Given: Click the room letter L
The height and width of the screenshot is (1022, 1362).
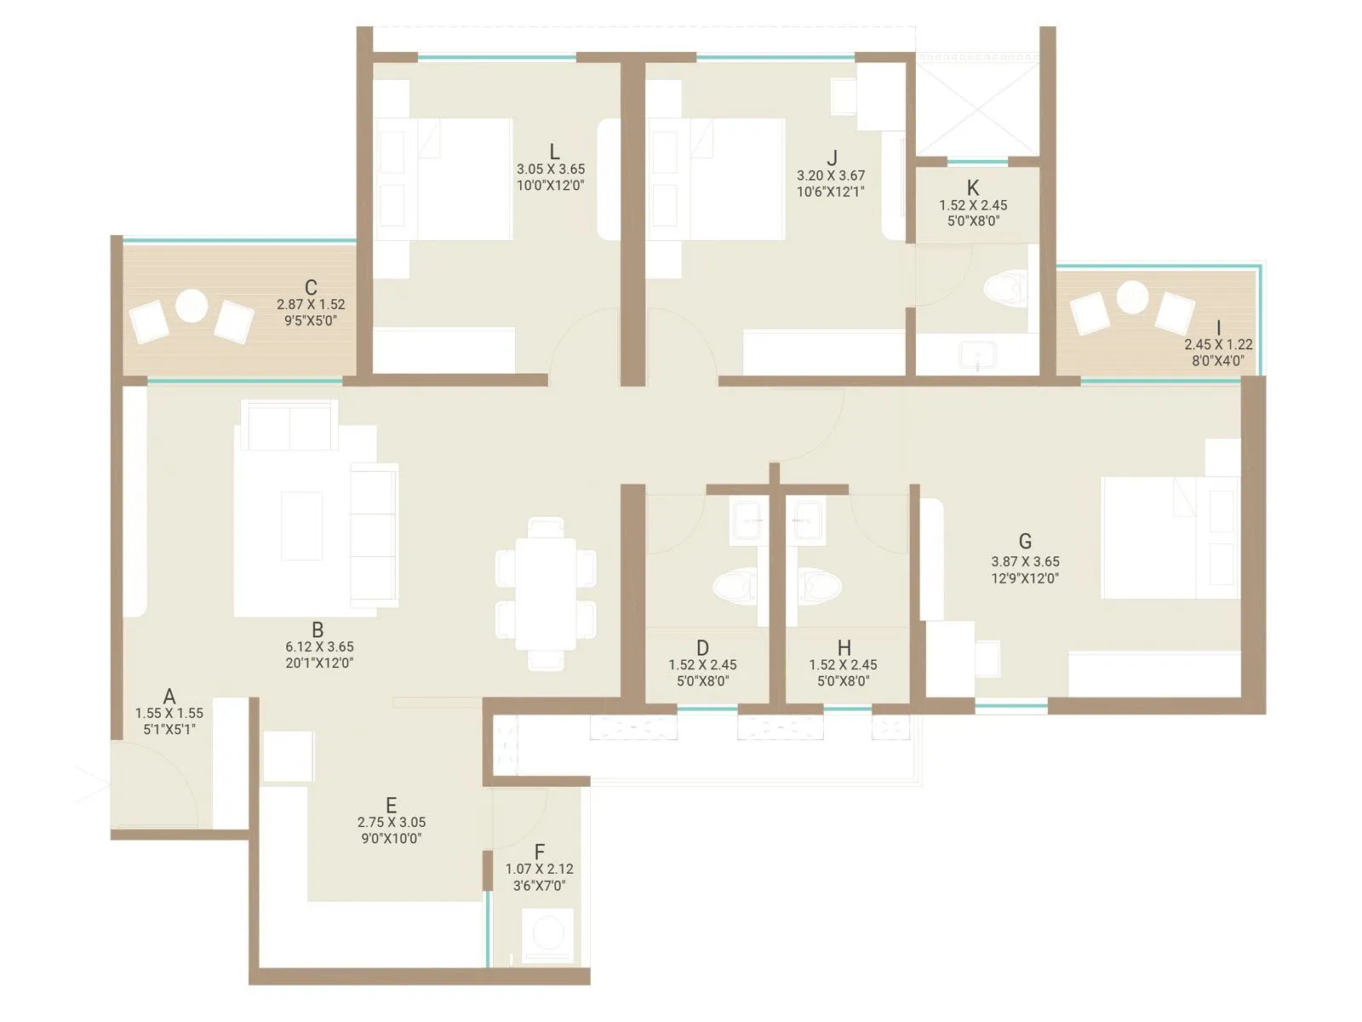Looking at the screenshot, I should pos(554,152).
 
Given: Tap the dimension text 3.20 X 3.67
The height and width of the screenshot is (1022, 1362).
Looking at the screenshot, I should pos(831,175).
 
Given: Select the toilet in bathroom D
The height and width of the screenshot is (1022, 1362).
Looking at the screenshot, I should pos(735,586).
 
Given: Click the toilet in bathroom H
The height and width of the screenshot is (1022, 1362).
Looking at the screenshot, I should pos(820,586).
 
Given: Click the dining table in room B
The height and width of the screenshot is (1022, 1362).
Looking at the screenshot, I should pos(546,594).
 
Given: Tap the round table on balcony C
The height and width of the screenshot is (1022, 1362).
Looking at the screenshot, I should pos(192,305).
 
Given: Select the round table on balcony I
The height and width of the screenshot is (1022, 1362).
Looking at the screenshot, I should pos(1133,297).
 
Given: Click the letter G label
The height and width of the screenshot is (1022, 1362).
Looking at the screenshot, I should pos(1025,541).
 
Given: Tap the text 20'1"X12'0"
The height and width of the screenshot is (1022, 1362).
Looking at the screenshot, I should pos(319,663).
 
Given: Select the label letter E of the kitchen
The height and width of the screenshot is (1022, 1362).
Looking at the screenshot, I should pos(391,805).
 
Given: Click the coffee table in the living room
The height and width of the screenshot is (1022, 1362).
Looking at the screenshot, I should pos(302,525).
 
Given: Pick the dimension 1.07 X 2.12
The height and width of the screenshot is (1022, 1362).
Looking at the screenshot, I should pos(540,869).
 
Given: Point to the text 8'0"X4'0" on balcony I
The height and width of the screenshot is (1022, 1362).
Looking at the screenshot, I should pos(1217,360).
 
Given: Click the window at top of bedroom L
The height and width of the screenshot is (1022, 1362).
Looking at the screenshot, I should pos(496,58).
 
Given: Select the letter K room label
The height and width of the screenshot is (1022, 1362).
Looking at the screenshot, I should pos(973,187).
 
